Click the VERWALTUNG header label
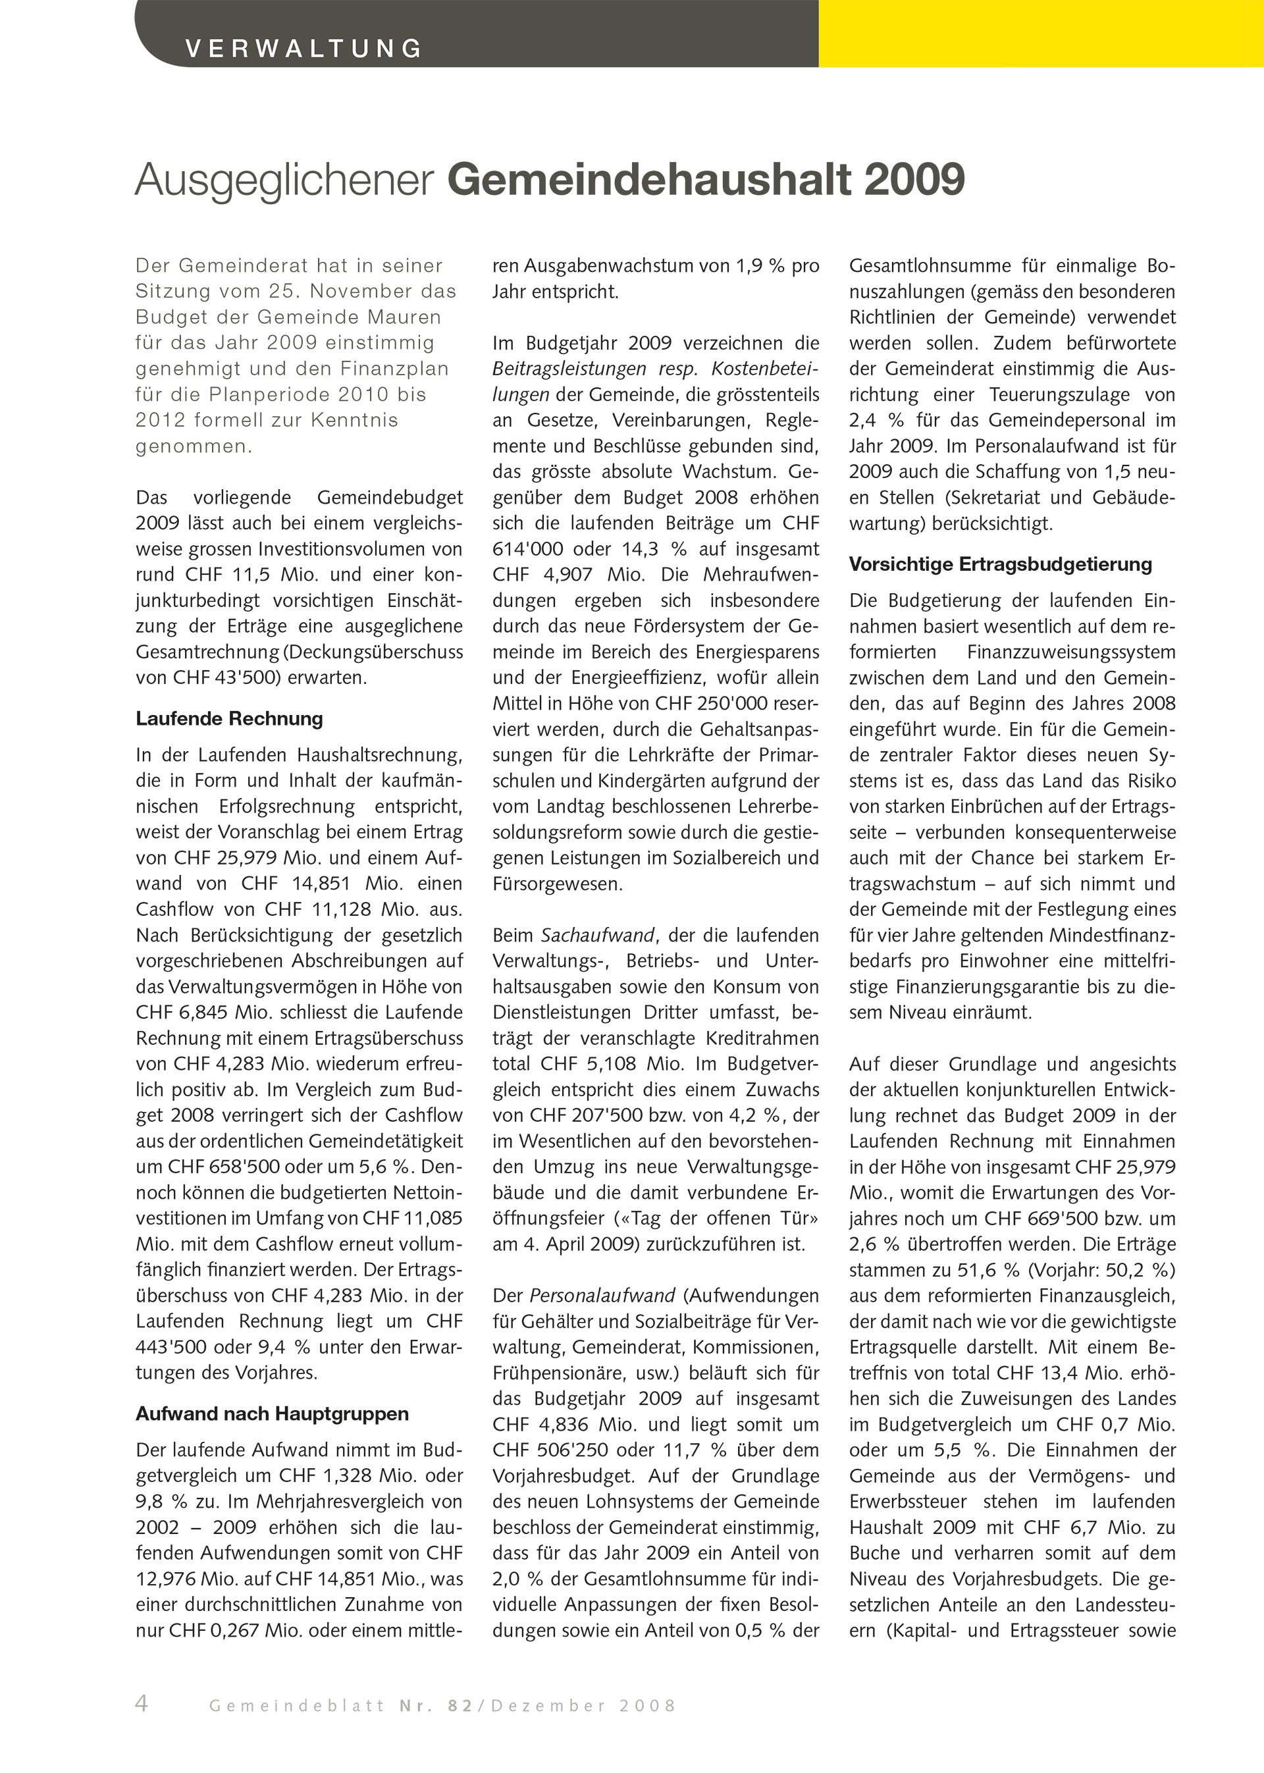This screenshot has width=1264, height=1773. pyautogui.click(x=303, y=48)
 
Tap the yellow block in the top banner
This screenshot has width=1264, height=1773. pyautogui.click(x=1041, y=34)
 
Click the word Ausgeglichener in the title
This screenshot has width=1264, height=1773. pyautogui.click(x=284, y=180)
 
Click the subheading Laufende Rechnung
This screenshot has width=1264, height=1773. pyautogui.click(x=229, y=718)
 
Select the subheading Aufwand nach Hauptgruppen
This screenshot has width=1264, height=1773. pyautogui.click(x=272, y=1414)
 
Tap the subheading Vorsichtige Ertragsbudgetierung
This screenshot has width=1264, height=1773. pyautogui.click(x=1000, y=564)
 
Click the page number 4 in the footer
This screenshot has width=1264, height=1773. pyautogui.click(x=142, y=1704)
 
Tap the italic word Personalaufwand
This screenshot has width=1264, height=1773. pyautogui.click(x=602, y=1296)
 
